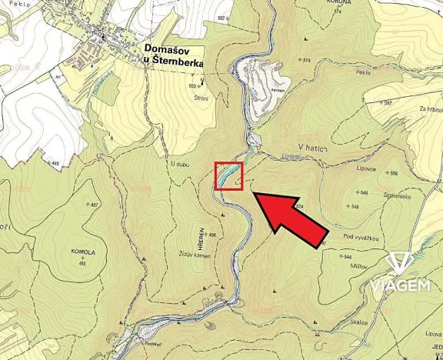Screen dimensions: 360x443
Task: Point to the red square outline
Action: [228, 176]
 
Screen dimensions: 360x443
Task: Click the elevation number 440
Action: [55, 162]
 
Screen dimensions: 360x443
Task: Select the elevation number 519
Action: [307, 60]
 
